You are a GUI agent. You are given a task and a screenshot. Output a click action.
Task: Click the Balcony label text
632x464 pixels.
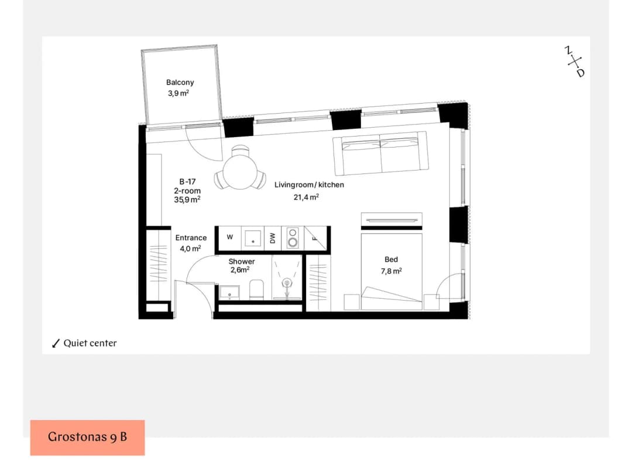[x=180, y=82]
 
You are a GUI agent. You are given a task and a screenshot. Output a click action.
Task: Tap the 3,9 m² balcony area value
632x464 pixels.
[x=178, y=93]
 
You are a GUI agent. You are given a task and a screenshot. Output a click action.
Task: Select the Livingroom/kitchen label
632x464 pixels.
[x=309, y=185]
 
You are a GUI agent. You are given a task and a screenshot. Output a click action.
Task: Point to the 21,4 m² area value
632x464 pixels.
[x=306, y=197]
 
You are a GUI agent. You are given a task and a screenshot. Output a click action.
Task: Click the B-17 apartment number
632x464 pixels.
[x=187, y=182]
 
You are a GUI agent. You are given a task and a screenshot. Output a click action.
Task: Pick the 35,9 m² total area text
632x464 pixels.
[x=187, y=199]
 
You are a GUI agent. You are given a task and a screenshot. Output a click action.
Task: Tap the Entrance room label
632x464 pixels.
[x=191, y=238]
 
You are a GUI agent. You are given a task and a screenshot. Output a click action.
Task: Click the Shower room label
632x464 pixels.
[x=242, y=261]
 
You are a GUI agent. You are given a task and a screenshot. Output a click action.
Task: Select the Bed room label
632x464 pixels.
[x=391, y=260]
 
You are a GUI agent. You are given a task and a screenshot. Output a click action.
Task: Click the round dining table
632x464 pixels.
[x=241, y=172]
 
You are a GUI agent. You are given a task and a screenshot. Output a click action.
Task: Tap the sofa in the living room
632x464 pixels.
[x=380, y=153]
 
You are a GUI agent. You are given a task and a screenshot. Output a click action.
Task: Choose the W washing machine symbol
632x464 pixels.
[x=230, y=237]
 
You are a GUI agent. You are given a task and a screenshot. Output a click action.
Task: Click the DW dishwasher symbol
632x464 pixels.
[x=273, y=238]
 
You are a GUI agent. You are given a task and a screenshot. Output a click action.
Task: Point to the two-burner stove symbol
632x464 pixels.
[x=293, y=238]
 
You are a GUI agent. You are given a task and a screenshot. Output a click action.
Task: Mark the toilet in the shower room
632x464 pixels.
[x=257, y=289]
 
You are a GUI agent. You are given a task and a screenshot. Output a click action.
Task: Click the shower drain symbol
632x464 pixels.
[x=287, y=283]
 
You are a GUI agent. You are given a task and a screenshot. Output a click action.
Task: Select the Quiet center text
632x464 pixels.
[x=90, y=343]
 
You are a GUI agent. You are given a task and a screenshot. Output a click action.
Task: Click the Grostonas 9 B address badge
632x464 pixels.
[x=87, y=438]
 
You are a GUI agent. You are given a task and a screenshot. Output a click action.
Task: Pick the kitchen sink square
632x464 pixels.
[x=253, y=238]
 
